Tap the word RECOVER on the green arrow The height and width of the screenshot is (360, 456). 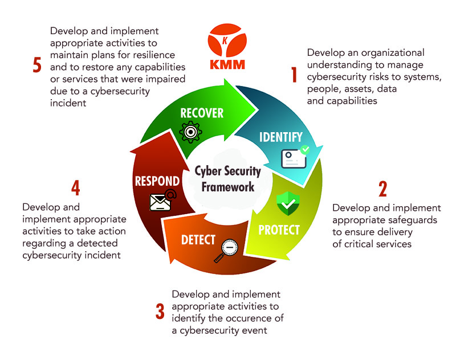coord(202,113)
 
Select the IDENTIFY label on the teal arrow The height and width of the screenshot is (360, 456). coord(281,137)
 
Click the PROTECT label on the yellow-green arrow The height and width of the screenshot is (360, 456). coord(279,230)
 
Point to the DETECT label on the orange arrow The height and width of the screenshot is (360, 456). coord(198,239)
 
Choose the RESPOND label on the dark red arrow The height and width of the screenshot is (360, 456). coord(157,182)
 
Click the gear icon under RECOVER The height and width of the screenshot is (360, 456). coord(190,132)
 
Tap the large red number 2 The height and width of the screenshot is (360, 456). coord(382,188)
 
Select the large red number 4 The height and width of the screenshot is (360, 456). coord(75,188)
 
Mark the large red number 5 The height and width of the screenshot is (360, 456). coord(37,66)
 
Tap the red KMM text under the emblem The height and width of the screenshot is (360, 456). coord(227,64)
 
